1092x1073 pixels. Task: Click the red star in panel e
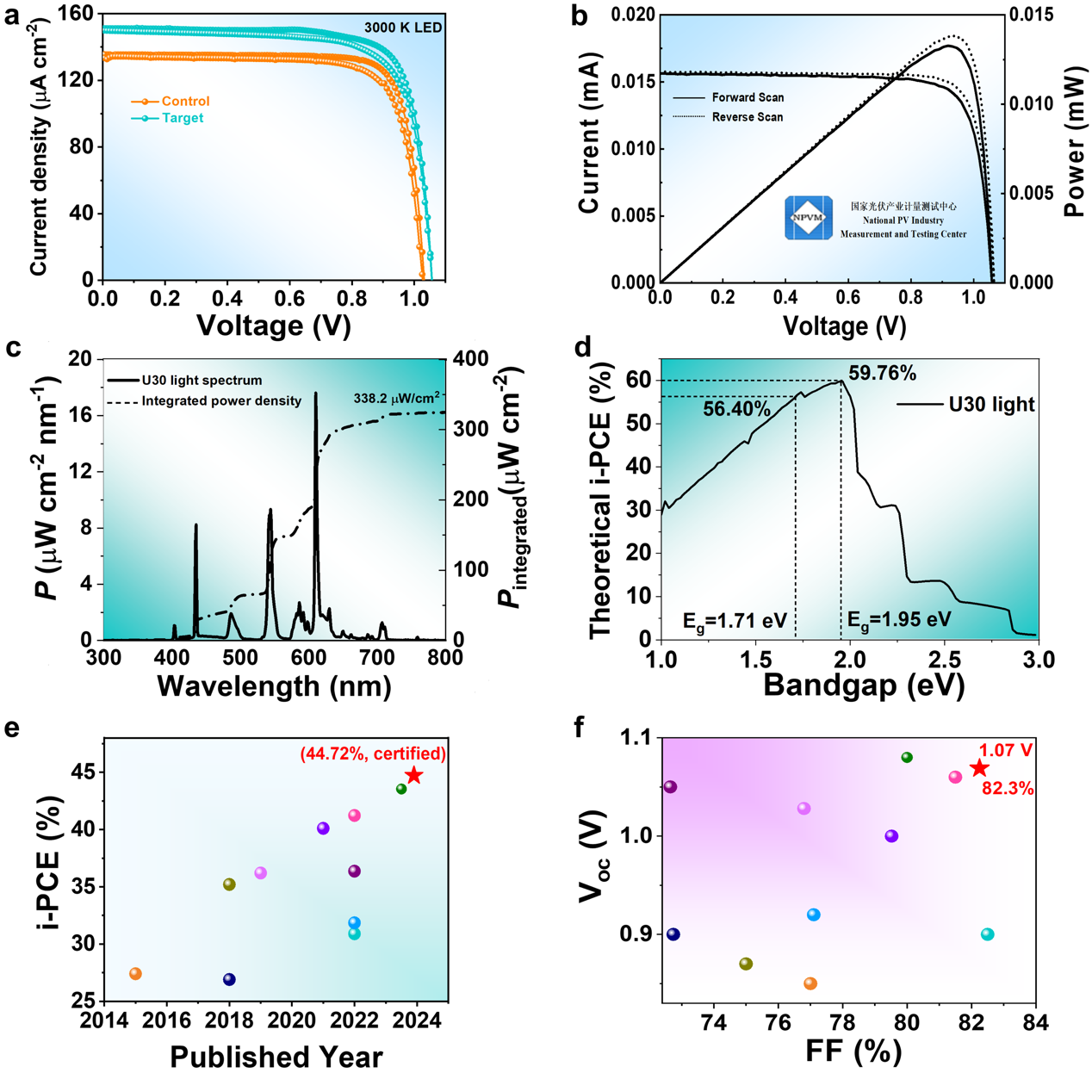tap(414, 775)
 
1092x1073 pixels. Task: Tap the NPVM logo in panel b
tap(808, 217)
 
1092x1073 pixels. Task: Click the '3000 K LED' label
tap(403, 28)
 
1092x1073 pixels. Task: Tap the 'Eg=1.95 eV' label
tap(899, 619)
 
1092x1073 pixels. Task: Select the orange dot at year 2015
tap(135, 974)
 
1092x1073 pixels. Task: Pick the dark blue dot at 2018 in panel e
tap(229, 979)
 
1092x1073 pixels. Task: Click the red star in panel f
tap(978, 768)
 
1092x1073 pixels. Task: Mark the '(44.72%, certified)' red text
tap(373, 754)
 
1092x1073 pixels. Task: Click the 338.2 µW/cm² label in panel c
tap(397, 399)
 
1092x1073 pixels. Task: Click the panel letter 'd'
tap(583, 348)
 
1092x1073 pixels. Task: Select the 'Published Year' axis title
tap(276, 1056)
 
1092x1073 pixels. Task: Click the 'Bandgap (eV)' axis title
tap(863, 685)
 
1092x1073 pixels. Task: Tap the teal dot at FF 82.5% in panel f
tap(988, 934)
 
